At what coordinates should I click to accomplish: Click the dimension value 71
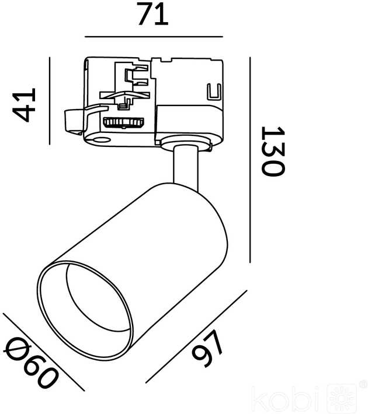click(x=153, y=14)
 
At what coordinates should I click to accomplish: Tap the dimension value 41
click(x=24, y=105)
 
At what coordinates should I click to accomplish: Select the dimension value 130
click(x=273, y=151)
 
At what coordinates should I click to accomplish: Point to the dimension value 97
click(x=207, y=349)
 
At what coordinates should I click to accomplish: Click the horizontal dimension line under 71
click(x=154, y=37)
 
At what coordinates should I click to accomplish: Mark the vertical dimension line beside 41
click(x=50, y=101)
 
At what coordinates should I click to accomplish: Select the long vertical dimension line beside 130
click(x=250, y=160)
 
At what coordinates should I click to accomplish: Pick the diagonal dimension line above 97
click(x=196, y=336)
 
